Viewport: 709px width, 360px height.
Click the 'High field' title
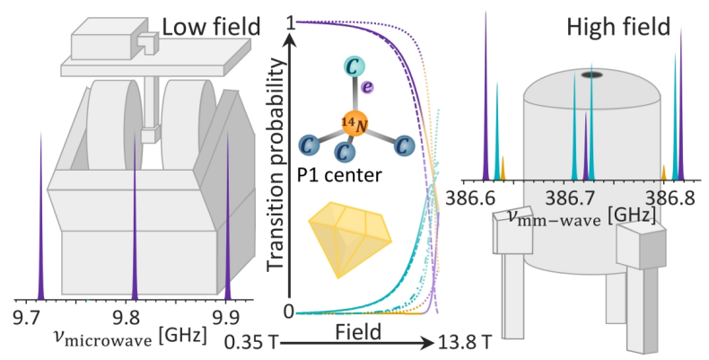[618, 27]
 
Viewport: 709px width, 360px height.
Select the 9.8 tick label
[132, 317]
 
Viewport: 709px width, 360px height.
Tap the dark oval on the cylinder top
[591, 75]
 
